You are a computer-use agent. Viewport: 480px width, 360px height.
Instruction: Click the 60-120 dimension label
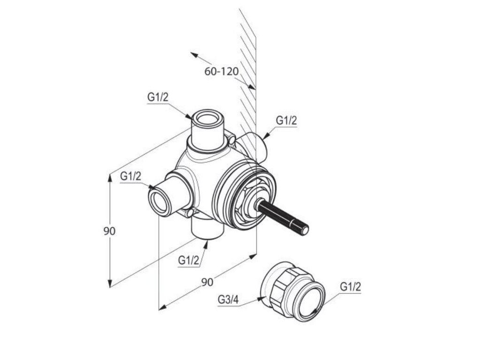(221, 72)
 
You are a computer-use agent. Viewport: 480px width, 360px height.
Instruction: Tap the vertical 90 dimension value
(109, 231)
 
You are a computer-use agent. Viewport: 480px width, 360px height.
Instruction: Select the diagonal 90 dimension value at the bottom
(207, 282)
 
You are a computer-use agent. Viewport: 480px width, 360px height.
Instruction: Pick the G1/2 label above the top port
(158, 97)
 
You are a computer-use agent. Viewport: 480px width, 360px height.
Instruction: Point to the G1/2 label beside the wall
(286, 120)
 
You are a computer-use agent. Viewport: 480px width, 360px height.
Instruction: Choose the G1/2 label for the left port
(131, 177)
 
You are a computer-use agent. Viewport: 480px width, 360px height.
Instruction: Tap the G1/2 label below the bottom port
(188, 260)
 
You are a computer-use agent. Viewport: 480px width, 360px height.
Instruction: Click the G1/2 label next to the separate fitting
(351, 287)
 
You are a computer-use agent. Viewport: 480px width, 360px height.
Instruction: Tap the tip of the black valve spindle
(305, 230)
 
